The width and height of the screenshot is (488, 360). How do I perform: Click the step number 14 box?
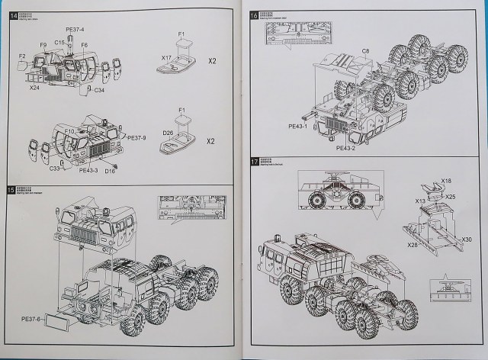click(x=12, y=16)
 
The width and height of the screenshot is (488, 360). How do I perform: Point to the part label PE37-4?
click(x=75, y=29)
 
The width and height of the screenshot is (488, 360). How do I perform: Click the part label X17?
click(x=165, y=57)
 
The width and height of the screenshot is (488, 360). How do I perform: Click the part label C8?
click(x=365, y=50)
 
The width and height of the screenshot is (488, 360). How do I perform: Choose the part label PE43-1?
click(x=297, y=125)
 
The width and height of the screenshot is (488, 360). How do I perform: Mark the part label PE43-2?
click(x=345, y=149)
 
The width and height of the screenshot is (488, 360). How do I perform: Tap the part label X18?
click(x=446, y=181)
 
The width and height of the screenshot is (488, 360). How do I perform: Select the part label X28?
click(x=413, y=244)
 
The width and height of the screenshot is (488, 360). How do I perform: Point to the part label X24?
click(x=34, y=88)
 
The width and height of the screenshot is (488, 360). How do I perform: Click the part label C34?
click(x=99, y=90)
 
